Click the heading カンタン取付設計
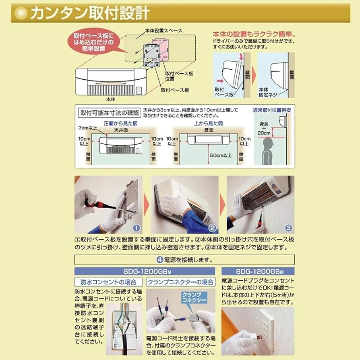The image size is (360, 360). pyautogui.click(x=89, y=13)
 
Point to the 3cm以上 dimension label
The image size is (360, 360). pyautogui.click(x=88, y=128)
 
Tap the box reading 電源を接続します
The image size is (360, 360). pyautogui.click(x=184, y=259)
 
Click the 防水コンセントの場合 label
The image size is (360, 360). pyautogui.click(x=108, y=282)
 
